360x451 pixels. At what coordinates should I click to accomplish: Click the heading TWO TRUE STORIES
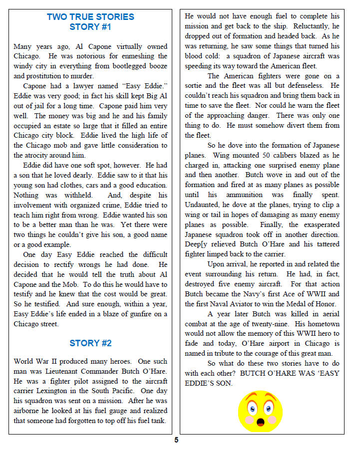point(90,17)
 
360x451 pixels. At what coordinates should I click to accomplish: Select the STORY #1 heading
point(90,27)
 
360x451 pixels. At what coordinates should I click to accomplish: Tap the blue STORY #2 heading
point(90,343)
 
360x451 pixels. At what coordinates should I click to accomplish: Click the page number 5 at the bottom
point(176,440)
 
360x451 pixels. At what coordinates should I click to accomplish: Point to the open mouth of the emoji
point(260,423)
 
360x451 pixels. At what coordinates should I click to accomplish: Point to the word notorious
point(64,56)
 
